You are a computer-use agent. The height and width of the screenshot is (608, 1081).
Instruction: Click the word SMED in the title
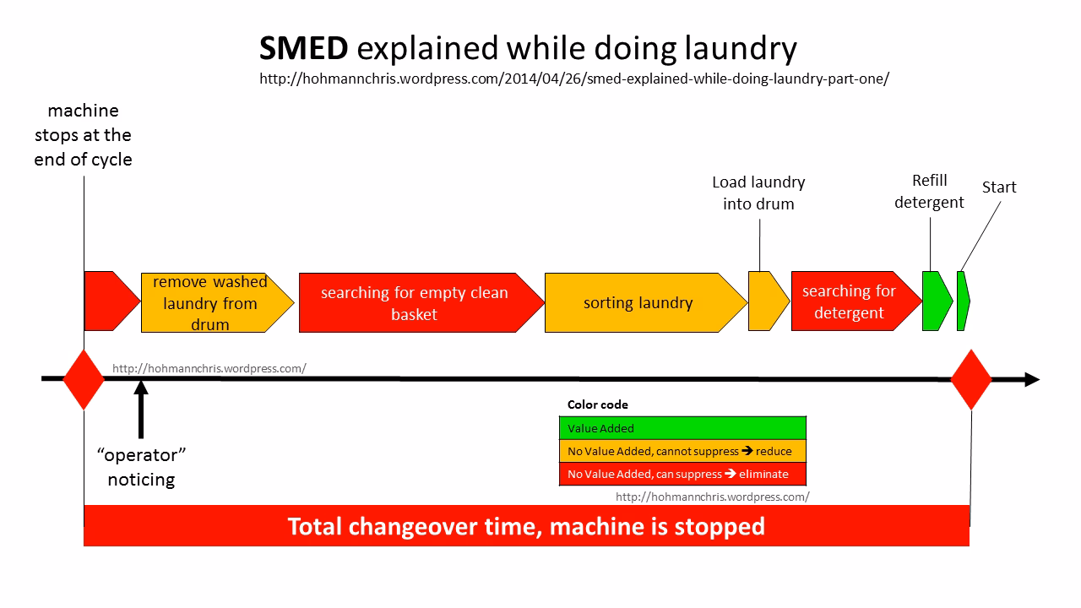pos(303,49)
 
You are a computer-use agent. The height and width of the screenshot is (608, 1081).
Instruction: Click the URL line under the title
pos(574,79)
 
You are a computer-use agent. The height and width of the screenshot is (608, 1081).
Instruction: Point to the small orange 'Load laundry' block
pos(767,301)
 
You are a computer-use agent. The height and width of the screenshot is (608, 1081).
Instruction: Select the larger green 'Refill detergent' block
pos(935,301)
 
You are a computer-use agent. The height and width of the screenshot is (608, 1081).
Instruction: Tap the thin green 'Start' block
pos(963,301)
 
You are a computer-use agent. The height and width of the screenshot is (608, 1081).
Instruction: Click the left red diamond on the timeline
pos(84,379)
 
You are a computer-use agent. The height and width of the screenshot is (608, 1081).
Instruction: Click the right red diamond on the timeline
pos(971,379)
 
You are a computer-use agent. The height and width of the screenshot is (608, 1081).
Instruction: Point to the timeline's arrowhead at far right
pos(1031,379)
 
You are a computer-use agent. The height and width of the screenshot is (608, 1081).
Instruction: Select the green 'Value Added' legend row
pos(682,428)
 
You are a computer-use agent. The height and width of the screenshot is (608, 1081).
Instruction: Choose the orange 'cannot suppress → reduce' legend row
pos(682,451)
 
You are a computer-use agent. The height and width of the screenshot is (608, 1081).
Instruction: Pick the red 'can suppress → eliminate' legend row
pos(682,474)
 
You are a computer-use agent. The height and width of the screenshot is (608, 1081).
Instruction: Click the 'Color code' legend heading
pos(597,404)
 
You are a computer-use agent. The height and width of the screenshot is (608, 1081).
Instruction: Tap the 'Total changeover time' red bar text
pos(526,526)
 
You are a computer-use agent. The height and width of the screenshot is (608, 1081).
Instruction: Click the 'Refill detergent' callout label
pos(929,192)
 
